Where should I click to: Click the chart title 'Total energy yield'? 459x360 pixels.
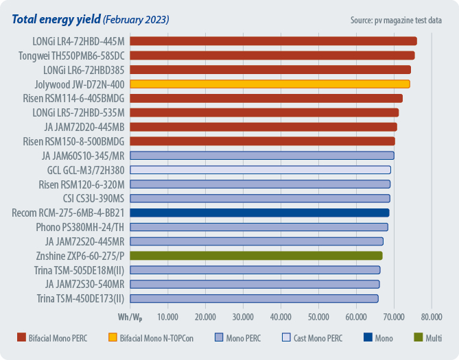point(58,19)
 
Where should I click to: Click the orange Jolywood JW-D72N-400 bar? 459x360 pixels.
point(270,84)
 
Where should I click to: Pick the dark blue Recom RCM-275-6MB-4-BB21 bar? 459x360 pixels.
point(259,213)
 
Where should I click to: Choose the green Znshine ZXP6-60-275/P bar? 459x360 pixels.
point(256,256)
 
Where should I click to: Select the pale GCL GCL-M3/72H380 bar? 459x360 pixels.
point(260,169)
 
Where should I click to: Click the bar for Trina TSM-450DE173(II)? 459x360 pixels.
point(254,298)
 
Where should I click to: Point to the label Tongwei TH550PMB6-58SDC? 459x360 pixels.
point(72,56)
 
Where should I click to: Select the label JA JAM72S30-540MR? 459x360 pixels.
point(84,284)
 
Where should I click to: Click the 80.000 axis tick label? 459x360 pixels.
point(431,317)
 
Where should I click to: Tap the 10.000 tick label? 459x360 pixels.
point(167,317)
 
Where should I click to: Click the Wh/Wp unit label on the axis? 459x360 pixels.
point(130,317)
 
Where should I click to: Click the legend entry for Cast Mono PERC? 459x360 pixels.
point(316,338)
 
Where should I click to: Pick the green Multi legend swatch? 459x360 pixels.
point(419,338)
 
